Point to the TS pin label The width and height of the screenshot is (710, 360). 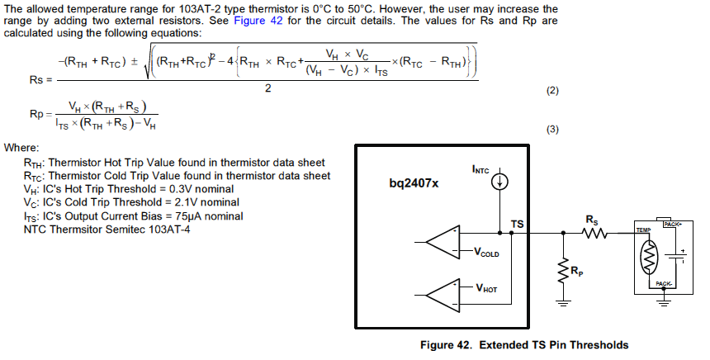(x=517, y=224)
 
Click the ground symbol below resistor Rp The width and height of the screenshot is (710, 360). (x=565, y=301)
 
